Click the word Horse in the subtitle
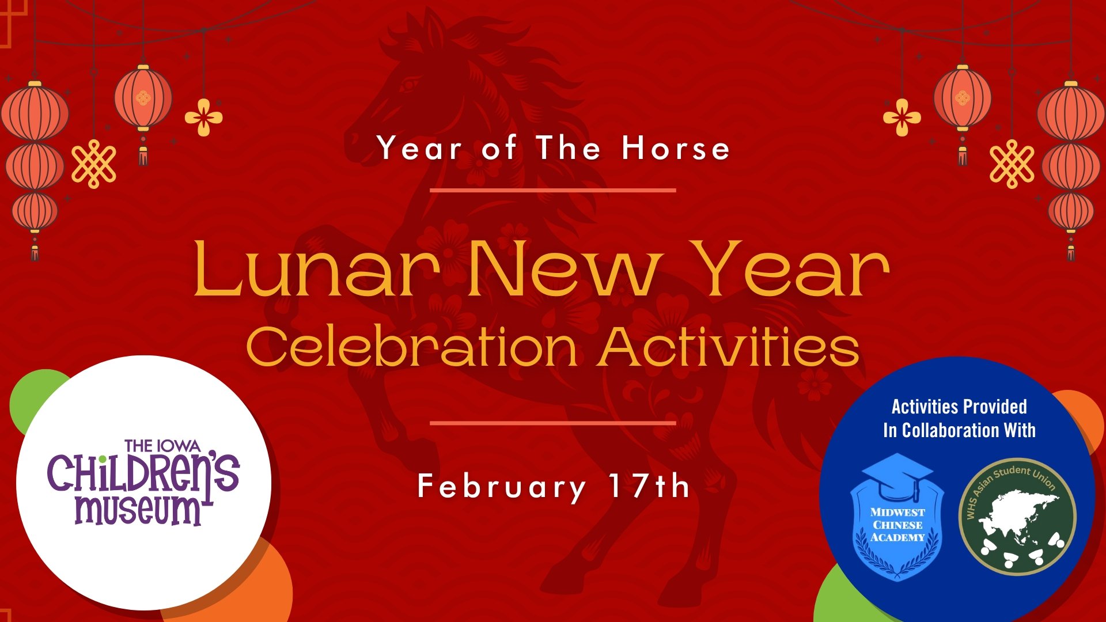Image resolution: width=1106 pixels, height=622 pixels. pos(676,148)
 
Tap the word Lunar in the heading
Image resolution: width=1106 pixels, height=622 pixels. pos(316,269)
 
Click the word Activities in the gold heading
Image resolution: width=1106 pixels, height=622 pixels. pos(729,347)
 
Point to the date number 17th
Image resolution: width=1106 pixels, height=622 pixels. pos(649,486)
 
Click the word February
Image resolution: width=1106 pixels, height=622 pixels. pos(501,487)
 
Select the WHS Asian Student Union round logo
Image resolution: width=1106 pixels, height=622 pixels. pos(1017,517)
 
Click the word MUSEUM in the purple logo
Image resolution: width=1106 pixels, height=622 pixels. pos(138,510)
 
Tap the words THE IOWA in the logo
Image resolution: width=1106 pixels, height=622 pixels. pos(162,446)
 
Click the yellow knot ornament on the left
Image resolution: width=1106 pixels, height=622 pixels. pos(93,164)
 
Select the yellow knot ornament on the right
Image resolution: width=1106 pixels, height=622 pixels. pos(1012,164)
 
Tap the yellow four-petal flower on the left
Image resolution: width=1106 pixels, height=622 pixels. pos(203,117)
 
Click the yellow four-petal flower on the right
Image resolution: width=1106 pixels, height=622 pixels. pos(902,117)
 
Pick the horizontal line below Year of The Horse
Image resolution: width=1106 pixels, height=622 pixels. pos(553,190)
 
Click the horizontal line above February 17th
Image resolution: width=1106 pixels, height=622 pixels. pos(553,423)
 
